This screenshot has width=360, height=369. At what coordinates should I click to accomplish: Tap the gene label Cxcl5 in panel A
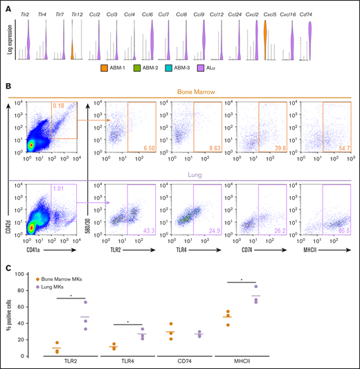[x=269, y=14]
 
